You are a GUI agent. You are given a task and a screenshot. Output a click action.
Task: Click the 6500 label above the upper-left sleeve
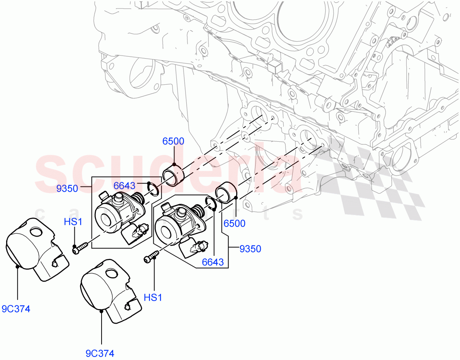[x=173, y=141]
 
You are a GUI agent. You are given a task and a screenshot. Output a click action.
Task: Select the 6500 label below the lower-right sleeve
[x=235, y=223]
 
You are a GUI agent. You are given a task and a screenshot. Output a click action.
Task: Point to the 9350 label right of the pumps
[x=250, y=249]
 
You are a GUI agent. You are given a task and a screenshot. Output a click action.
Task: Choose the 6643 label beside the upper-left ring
[x=125, y=186]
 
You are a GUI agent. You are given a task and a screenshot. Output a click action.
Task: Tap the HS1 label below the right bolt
[x=153, y=297]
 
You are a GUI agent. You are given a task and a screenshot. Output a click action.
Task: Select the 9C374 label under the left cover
[x=16, y=309]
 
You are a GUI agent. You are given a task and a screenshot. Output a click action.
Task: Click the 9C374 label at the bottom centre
[x=100, y=353]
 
